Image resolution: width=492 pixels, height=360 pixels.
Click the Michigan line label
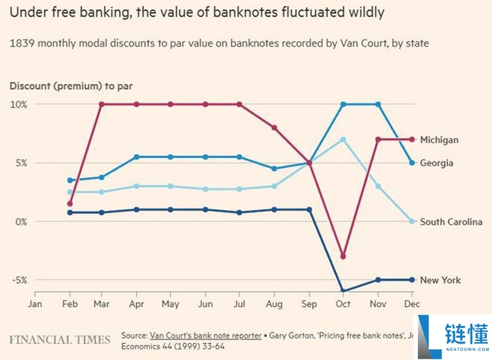click(439, 140)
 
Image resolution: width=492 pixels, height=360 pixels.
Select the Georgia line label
click(436, 163)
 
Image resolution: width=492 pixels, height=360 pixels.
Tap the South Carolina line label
click(451, 222)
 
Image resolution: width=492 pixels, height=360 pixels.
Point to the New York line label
click(440, 280)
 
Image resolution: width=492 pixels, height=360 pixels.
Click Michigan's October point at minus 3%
click(343, 256)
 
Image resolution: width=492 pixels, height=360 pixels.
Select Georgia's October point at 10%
click(343, 104)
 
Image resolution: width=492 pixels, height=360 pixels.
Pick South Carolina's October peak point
click(343, 140)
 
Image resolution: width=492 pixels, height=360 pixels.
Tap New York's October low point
click(343, 291)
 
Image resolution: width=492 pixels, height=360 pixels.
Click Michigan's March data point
click(101, 104)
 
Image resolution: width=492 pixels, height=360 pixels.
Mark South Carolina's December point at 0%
click(413, 221)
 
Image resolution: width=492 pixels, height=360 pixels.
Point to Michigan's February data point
click(70, 203)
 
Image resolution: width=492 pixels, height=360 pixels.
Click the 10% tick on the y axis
click(18, 104)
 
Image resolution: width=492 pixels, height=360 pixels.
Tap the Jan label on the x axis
click(35, 304)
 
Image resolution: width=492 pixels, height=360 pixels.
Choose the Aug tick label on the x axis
click(274, 304)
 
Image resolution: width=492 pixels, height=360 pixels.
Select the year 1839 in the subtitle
click(21, 43)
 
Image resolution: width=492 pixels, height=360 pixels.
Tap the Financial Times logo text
click(60, 340)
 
